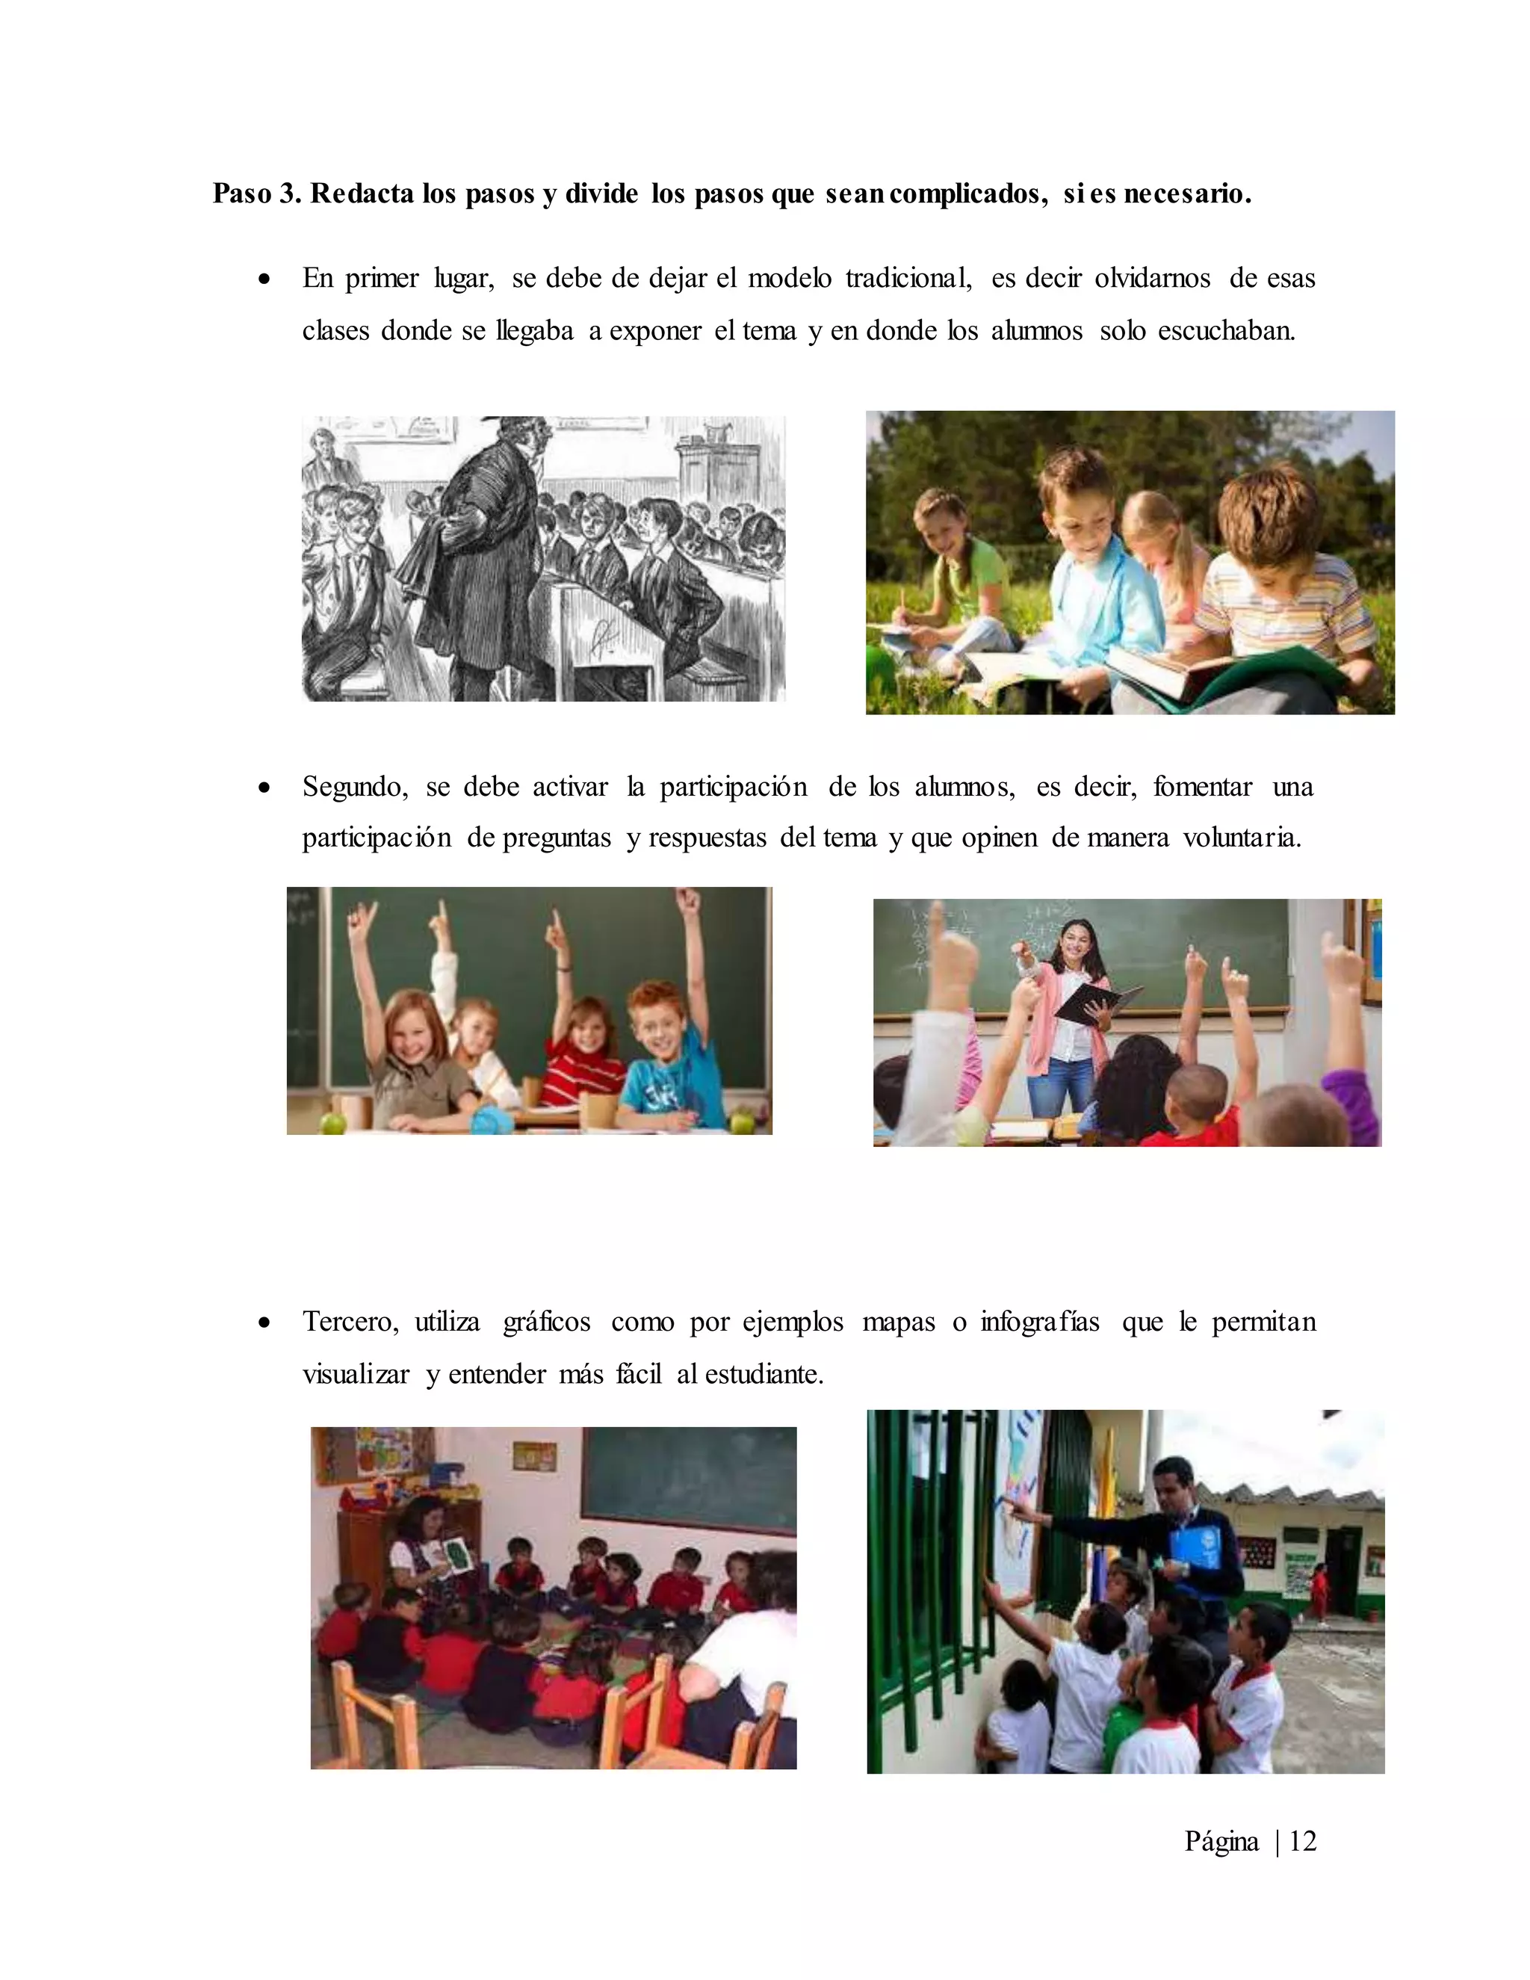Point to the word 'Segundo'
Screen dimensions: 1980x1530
(x=354, y=786)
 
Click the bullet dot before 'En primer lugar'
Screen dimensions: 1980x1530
(x=264, y=280)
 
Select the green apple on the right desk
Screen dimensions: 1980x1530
(x=743, y=1122)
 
